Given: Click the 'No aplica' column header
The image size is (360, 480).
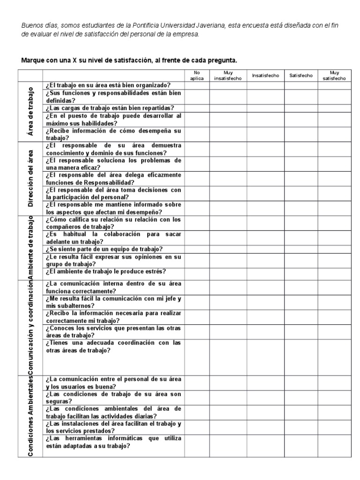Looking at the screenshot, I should pyautogui.click(x=197, y=75).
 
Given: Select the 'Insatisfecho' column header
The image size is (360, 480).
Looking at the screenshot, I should pyautogui.click(x=265, y=75).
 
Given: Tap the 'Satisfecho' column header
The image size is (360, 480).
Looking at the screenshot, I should pyautogui.click(x=301, y=75).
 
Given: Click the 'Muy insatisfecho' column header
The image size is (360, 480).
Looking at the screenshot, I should pyautogui.click(x=228, y=75).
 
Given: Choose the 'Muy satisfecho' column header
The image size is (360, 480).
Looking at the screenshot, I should pyautogui.click(x=334, y=75).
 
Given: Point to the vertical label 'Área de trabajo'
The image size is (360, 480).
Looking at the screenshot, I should pyautogui.click(x=30, y=112).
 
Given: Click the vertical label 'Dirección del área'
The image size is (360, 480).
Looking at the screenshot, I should pyautogui.click(x=30, y=178).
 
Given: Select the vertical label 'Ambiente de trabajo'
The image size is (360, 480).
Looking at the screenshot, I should pyautogui.click(x=30, y=247).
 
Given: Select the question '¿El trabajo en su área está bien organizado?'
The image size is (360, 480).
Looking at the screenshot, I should pyautogui.click(x=108, y=85).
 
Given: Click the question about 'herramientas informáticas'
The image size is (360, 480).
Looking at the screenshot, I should pyautogui.click(x=113, y=442).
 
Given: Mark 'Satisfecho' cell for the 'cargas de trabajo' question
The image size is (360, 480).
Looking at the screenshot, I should pyautogui.click(x=301, y=108).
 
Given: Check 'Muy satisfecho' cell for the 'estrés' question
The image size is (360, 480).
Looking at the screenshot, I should pyautogui.click(x=334, y=271).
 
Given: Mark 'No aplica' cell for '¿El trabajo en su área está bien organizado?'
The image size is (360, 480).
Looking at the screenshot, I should pyautogui.click(x=197, y=85).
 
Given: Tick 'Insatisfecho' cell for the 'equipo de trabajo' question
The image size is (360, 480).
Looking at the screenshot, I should pyautogui.click(x=265, y=249).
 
